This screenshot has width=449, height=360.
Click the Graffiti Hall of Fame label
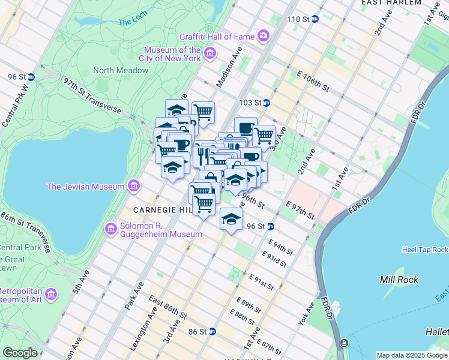point(219,37)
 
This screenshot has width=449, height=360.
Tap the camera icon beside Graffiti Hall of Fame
point(264,37)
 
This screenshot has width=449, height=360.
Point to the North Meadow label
point(121,70)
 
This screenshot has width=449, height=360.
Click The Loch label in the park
point(133,22)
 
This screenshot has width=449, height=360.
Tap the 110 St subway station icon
point(315,19)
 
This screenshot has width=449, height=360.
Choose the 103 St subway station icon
point(266,103)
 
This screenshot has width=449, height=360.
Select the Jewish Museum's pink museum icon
point(133,187)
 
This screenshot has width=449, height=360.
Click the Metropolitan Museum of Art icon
point(52,295)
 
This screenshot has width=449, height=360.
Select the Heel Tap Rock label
point(424,249)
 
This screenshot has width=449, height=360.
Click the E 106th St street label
point(313,81)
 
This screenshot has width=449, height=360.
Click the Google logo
point(20,353)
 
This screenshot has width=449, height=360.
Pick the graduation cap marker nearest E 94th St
point(231,219)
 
